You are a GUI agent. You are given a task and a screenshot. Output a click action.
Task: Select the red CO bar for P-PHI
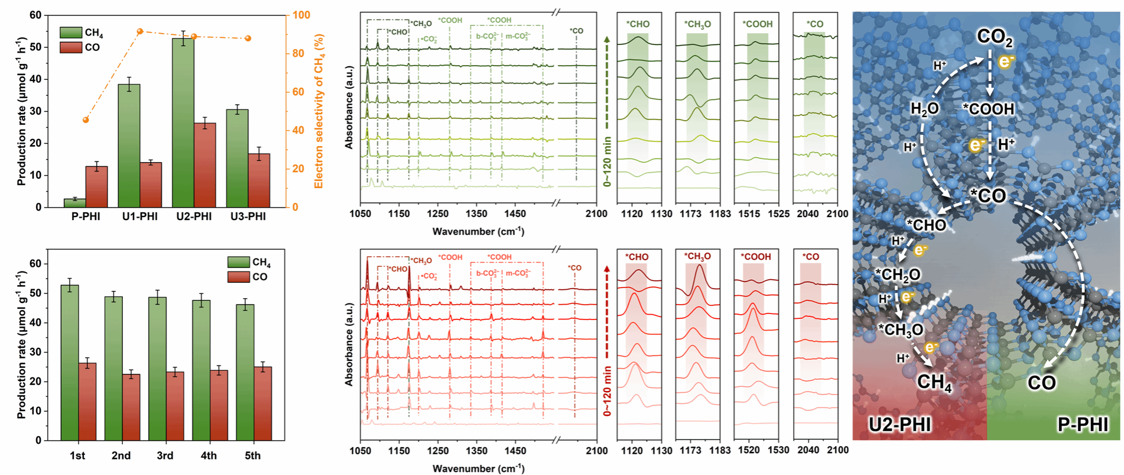tap(97, 186)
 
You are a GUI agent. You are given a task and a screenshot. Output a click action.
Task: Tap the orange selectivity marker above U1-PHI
tap(140, 31)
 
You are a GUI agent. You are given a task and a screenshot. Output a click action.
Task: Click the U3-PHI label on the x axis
tap(248, 217)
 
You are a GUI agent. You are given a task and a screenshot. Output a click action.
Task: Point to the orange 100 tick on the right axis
tap(301, 15)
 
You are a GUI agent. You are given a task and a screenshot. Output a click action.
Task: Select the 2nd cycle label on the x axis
tap(121, 455)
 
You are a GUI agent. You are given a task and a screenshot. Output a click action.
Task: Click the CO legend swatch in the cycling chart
tap(238, 277)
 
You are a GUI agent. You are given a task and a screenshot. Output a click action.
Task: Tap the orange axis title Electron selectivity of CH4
tap(319, 111)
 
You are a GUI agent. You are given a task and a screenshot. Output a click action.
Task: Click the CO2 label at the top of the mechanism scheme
tap(995, 37)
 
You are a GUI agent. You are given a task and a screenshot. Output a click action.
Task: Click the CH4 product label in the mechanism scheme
tap(934, 382)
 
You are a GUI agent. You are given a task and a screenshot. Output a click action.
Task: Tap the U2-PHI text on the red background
tap(900, 424)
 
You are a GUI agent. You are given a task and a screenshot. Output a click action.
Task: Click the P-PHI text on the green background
tap(1082, 424)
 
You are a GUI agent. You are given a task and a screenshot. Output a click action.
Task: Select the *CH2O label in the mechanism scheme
tap(898, 274)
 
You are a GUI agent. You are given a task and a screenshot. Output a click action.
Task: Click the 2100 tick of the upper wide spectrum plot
tap(596, 214)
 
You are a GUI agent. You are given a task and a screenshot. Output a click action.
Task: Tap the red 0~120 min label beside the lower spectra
tap(608, 391)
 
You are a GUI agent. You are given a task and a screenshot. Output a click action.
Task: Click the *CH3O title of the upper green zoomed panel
tap(697, 24)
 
